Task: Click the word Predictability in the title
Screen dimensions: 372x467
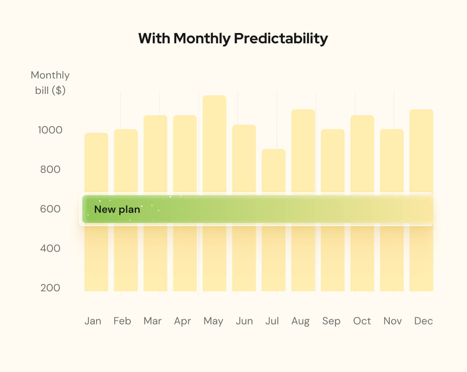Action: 281,39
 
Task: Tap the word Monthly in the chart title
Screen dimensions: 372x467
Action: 202,39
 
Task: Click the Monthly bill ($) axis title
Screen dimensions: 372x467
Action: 50,83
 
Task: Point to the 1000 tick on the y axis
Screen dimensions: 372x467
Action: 50,130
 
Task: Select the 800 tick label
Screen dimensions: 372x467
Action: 50,169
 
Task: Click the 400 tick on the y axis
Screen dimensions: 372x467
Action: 50,248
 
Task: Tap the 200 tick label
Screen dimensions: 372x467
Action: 50,288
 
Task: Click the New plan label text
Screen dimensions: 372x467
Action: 117,209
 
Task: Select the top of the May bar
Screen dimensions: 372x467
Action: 214,96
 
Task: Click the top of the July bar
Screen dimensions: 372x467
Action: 274,150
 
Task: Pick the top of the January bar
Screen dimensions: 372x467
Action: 96,134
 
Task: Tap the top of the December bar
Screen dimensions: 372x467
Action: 421,110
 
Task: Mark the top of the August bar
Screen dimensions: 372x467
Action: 303,110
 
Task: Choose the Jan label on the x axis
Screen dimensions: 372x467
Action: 93,321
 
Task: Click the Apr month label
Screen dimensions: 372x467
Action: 182,321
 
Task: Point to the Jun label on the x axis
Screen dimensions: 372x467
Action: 244,321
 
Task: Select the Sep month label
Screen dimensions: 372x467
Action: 331,321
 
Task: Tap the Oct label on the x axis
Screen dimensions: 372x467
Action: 362,321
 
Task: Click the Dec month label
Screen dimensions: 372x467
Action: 423,321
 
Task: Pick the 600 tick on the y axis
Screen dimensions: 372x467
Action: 50,209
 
